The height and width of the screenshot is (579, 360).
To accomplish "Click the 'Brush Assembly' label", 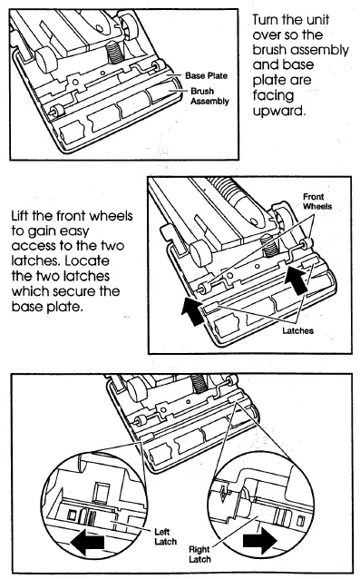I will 209,97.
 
